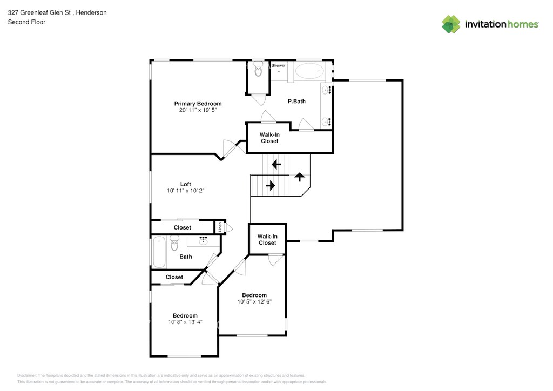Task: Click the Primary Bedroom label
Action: click(198, 104)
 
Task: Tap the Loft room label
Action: click(185, 184)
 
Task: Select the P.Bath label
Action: click(297, 101)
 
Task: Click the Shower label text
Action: click(279, 65)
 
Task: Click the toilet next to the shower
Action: click(258, 69)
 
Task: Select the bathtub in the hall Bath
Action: click(159, 252)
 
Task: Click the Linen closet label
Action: click(220, 227)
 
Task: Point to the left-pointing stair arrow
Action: click(276, 164)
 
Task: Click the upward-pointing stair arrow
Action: click(300, 177)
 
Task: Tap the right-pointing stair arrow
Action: click(270, 186)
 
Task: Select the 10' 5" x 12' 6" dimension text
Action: click(254, 302)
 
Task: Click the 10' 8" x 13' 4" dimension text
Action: click(185, 322)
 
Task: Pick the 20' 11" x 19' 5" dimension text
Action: click(198, 110)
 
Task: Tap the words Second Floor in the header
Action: click(26, 22)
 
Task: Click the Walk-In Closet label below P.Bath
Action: click(269, 138)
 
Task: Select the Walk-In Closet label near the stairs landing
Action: click(267, 240)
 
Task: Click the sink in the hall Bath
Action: click(204, 240)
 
